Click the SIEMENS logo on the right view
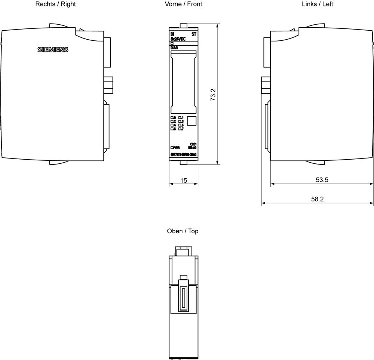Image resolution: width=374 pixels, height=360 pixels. pos(53,50)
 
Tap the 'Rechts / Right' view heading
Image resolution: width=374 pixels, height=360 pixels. pos(55,4)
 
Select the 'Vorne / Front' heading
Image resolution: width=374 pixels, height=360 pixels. pos(183,4)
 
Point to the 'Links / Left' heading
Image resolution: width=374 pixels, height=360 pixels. pos(318,4)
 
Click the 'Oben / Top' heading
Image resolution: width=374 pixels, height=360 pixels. pos(183,231)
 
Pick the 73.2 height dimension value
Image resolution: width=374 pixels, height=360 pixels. pos(212,95)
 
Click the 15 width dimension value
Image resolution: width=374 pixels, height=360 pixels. pos(184,180)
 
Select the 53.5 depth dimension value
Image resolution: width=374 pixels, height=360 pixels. pos(322,180)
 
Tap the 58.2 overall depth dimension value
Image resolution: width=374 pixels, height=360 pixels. pos(317,199)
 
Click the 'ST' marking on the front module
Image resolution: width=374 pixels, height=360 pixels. pos(194,34)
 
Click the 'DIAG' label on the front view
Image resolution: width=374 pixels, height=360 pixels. pos(174,48)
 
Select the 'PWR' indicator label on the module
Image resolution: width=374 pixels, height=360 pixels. pos(176,148)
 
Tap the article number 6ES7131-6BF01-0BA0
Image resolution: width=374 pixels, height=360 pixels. pos(183,155)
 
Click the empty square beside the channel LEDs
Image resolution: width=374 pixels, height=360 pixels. pos(191,121)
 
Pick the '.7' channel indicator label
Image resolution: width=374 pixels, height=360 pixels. pos(181,129)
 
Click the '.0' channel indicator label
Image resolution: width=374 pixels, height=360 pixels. pos(173,118)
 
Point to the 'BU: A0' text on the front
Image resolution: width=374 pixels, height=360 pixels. pos(192,148)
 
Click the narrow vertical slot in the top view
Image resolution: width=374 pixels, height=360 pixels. pos(183,299)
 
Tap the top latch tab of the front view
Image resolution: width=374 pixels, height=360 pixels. pos(183,25)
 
